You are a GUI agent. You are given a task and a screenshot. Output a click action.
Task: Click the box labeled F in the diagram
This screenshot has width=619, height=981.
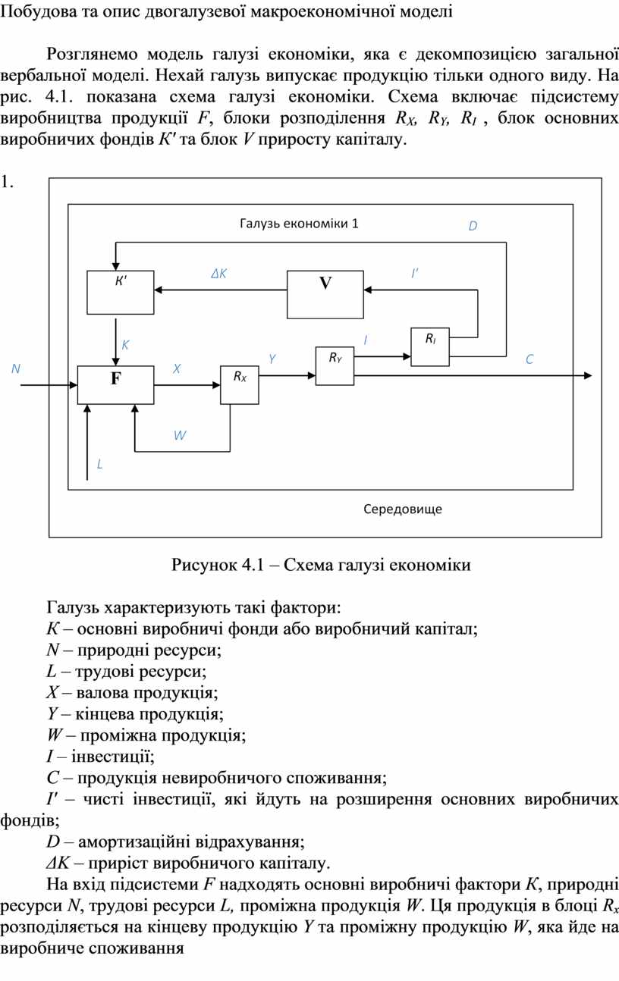(115, 384)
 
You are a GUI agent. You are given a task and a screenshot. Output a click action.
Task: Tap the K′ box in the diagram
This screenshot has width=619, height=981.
(121, 291)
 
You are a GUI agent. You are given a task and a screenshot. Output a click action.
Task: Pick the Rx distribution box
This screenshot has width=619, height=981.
(240, 384)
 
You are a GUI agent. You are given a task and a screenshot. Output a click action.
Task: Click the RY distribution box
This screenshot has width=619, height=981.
(335, 365)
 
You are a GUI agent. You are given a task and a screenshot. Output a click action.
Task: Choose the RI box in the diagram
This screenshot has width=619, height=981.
(430, 346)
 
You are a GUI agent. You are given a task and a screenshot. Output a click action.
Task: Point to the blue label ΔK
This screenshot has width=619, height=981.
(219, 274)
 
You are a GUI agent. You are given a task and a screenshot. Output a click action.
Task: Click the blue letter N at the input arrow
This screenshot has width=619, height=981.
(15, 368)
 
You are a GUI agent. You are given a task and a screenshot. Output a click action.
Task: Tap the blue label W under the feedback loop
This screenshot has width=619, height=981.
(180, 435)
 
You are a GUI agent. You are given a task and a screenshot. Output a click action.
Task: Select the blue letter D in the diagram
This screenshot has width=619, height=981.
(473, 226)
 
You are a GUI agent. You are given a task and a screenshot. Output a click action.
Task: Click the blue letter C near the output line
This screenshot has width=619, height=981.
(529, 360)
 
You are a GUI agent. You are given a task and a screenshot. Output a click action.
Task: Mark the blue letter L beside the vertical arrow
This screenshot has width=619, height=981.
(99, 463)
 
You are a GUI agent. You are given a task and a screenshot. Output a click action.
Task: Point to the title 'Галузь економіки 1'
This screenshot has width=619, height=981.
(299, 224)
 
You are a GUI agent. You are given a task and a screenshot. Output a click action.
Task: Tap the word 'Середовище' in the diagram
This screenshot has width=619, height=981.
(403, 509)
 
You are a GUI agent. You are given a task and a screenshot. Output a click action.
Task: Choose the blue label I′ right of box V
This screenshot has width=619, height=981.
(415, 273)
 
